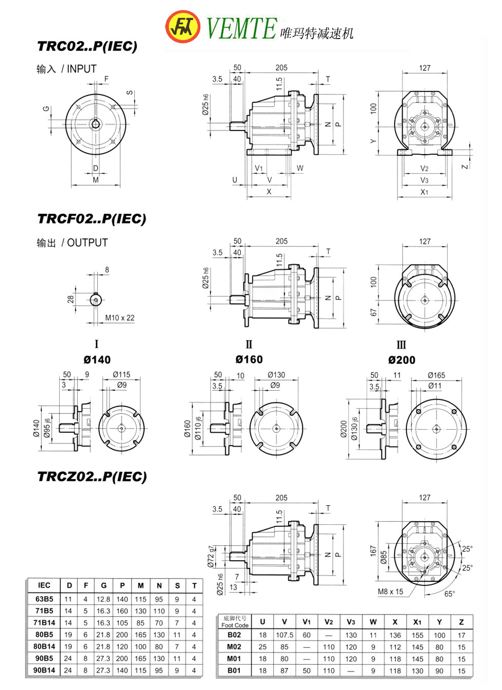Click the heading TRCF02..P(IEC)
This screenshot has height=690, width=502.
91,219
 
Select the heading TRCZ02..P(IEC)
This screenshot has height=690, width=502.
91,477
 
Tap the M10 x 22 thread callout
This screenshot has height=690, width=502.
119,318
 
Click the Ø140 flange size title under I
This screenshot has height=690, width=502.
97,360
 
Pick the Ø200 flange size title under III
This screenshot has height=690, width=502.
401,360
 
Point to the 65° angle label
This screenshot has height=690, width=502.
449,593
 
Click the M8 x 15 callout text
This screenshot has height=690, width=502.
389,591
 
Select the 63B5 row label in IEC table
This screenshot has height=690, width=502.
44,599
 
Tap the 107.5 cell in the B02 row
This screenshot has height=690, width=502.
284,635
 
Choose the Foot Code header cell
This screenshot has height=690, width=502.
235,621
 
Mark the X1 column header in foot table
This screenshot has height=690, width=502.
417,621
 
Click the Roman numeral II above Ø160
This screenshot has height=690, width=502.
249,345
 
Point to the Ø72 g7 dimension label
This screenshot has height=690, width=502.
211,556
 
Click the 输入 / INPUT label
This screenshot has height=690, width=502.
67,69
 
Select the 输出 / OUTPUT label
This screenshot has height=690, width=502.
72,243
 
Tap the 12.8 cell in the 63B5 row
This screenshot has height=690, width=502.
104,599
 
